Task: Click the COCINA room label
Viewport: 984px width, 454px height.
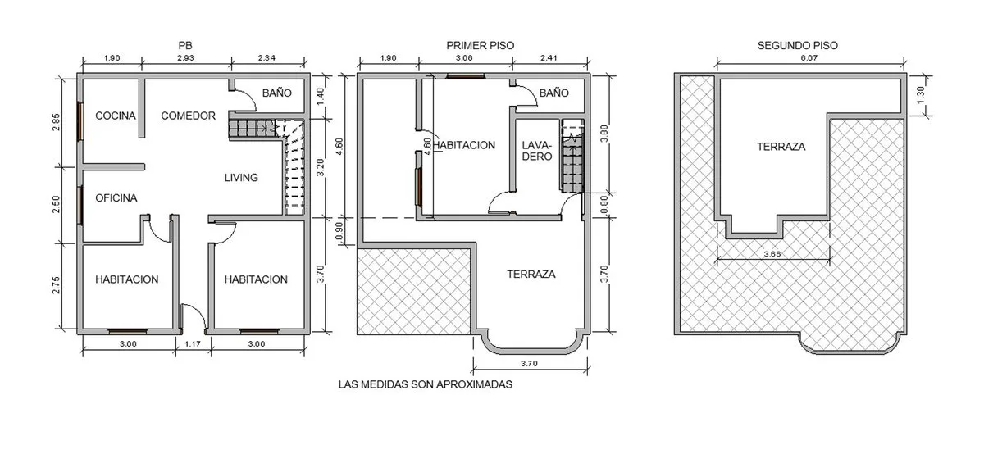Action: (116, 116)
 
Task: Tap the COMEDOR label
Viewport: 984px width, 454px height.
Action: (188, 116)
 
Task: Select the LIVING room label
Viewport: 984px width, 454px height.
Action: (241, 178)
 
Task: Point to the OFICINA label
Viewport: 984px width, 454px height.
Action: (116, 198)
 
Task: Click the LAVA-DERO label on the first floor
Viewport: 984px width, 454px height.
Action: (536, 151)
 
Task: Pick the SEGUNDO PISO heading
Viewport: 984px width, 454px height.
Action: (797, 45)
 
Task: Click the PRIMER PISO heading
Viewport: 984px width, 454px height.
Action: (481, 45)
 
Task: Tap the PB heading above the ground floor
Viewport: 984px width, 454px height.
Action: (185, 45)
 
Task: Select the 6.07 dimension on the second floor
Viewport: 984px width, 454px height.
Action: (809, 58)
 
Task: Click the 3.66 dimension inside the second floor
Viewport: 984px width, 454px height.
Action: (772, 254)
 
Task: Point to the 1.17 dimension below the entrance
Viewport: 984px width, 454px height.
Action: (193, 344)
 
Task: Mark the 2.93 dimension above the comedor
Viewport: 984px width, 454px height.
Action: (185, 58)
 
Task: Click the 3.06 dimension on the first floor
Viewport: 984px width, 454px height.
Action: (464, 58)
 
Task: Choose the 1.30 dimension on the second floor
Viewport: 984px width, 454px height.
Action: (921, 95)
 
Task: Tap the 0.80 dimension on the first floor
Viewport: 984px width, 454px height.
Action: (604, 205)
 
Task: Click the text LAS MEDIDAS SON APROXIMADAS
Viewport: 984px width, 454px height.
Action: (426, 384)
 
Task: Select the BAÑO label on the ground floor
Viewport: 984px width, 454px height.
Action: (277, 93)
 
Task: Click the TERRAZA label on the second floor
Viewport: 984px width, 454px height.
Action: (781, 147)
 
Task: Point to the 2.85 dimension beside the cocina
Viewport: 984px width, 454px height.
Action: (56, 122)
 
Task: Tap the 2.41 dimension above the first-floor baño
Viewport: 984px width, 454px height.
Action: (549, 58)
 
